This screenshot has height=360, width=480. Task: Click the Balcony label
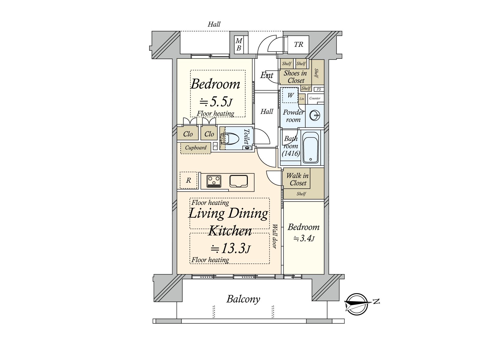[243, 299]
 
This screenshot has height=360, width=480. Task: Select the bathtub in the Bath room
[310, 148]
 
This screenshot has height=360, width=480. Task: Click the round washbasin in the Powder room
[315, 115]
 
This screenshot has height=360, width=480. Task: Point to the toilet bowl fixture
[229, 139]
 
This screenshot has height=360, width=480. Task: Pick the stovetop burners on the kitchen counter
[214, 181]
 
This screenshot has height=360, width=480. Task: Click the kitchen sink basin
[238, 181]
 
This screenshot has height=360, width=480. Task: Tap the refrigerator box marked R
[188, 180]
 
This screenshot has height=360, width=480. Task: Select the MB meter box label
[238, 44]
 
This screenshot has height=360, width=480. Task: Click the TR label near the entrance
[298, 45]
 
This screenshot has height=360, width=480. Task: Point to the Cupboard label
[196, 148]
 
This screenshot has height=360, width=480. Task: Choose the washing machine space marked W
[290, 95]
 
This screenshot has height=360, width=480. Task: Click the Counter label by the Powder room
[315, 98]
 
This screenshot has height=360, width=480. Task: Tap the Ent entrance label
[267, 75]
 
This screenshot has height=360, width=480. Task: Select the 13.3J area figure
[230, 248]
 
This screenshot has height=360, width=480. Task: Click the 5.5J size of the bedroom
[216, 102]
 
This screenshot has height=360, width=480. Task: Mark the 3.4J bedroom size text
[304, 238]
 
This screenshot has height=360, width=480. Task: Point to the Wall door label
[275, 236]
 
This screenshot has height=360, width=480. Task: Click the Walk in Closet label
[298, 179]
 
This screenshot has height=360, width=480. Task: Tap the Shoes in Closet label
[295, 77]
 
